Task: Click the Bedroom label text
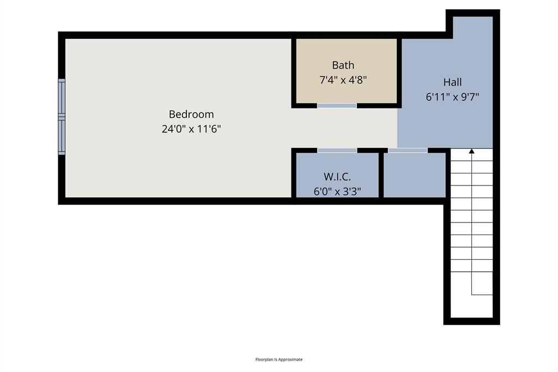191,115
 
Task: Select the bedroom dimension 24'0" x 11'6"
191,129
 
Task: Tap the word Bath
343,65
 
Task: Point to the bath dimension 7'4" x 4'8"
343,80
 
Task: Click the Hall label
452,82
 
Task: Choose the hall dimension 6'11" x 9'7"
452,97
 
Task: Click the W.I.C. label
337,177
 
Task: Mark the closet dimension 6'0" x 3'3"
337,191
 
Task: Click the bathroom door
337,105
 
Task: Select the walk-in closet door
337,150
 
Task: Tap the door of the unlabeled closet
408,150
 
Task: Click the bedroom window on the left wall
62,117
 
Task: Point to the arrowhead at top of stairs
471,152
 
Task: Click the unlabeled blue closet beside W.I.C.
415,175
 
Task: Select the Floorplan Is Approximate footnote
279,359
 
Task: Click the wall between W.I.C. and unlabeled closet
381,175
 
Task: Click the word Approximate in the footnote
291,359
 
